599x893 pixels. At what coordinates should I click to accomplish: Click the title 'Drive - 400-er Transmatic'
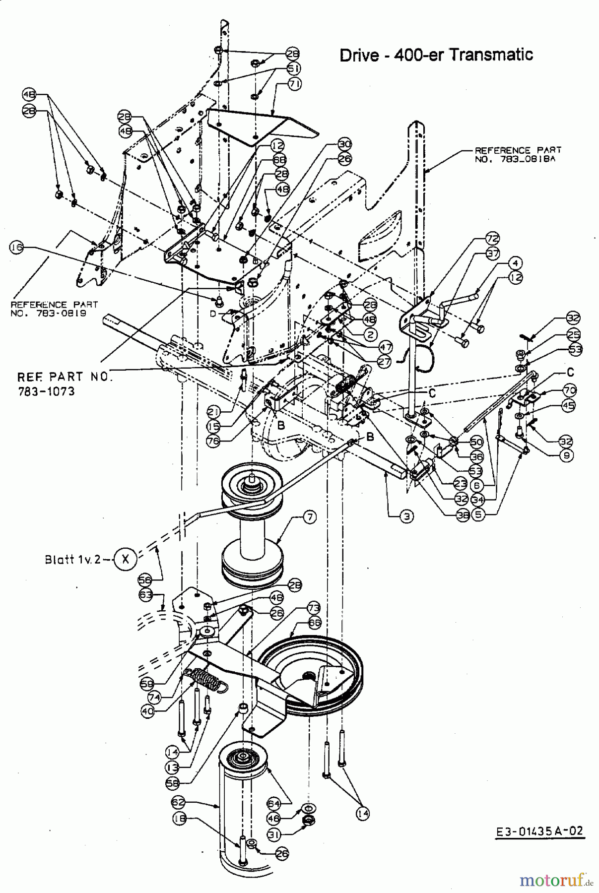click(436, 55)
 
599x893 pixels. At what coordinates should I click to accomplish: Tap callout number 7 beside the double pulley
click(309, 517)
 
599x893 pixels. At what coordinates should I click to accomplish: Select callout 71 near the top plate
click(295, 84)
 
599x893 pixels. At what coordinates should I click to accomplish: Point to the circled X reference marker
click(125, 559)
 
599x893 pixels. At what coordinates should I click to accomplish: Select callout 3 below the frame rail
click(406, 516)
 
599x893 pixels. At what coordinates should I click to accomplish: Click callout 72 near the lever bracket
click(492, 239)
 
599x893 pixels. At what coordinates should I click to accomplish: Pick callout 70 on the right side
click(569, 389)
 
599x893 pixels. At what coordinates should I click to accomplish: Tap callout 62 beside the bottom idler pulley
click(178, 801)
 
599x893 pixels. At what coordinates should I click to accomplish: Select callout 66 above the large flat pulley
click(314, 622)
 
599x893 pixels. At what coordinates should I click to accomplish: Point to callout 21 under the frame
click(213, 411)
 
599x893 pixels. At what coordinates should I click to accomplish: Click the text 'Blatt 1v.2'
click(72, 559)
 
